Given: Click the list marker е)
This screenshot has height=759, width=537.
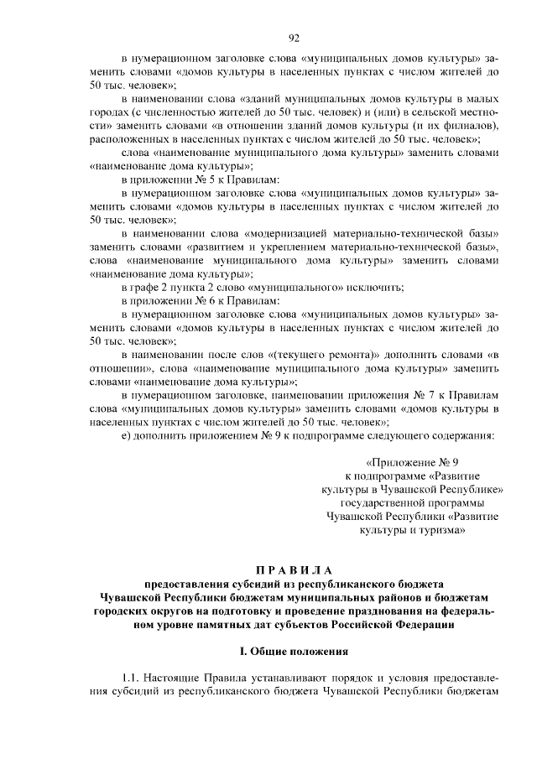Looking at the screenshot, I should (x=127, y=435).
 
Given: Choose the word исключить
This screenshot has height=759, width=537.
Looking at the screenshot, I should (x=375, y=287).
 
